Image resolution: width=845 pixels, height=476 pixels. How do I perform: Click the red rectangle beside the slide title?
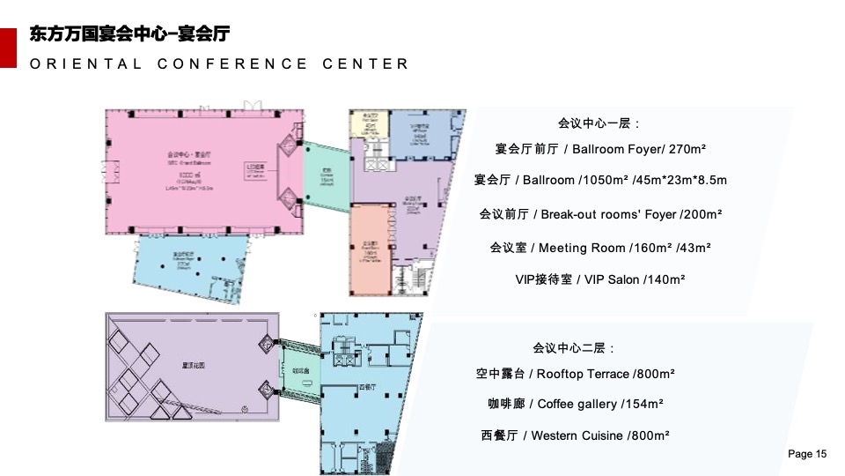9,48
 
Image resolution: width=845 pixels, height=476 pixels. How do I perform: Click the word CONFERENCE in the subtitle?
233,64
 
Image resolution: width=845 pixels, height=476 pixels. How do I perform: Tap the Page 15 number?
807,454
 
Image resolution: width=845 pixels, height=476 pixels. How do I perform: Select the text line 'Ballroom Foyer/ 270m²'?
602,149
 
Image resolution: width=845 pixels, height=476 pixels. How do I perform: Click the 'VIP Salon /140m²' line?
599,279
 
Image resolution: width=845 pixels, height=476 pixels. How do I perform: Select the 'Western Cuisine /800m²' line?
576,435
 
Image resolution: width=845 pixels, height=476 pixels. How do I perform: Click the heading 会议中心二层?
574,348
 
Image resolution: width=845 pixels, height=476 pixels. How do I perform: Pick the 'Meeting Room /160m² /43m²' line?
600,248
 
